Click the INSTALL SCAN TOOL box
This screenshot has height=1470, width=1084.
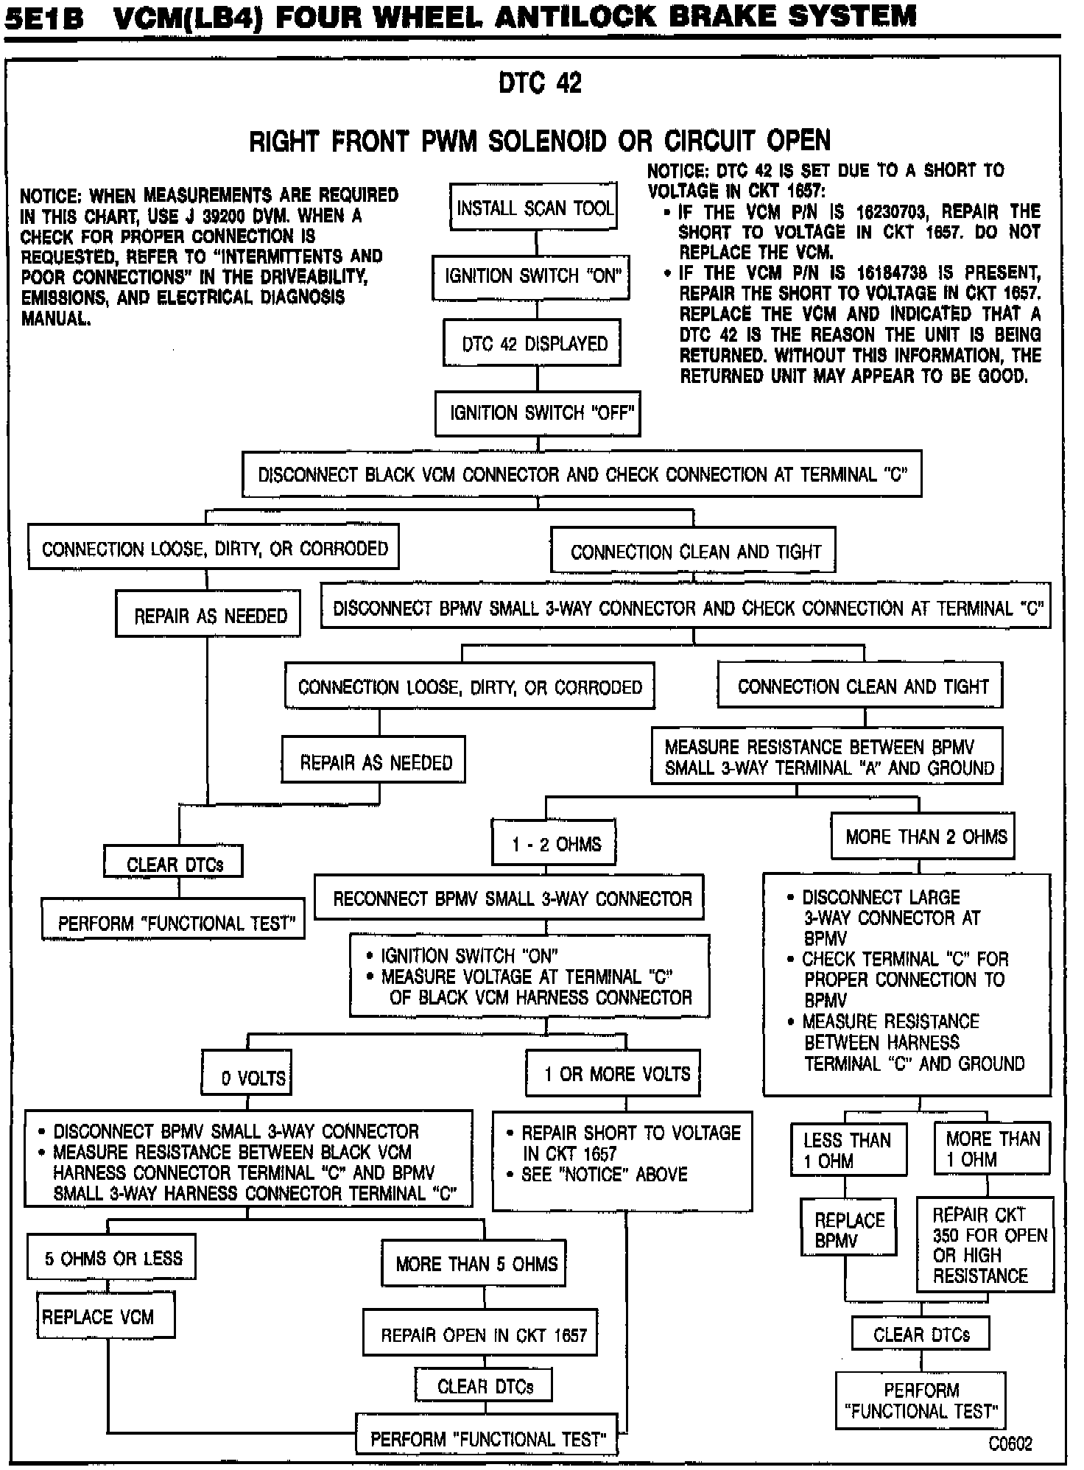pos(534,208)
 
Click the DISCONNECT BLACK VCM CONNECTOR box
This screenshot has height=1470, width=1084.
pos(582,474)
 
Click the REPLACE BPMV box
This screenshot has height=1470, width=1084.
pos(848,1231)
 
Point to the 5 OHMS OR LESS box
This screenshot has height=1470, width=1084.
pos(113,1258)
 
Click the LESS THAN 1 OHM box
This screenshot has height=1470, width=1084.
pos(848,1150)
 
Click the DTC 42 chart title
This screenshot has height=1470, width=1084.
pos(540,82)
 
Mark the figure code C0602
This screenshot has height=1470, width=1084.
pos(1010,1443)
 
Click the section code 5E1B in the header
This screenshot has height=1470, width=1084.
pos(43,18)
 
